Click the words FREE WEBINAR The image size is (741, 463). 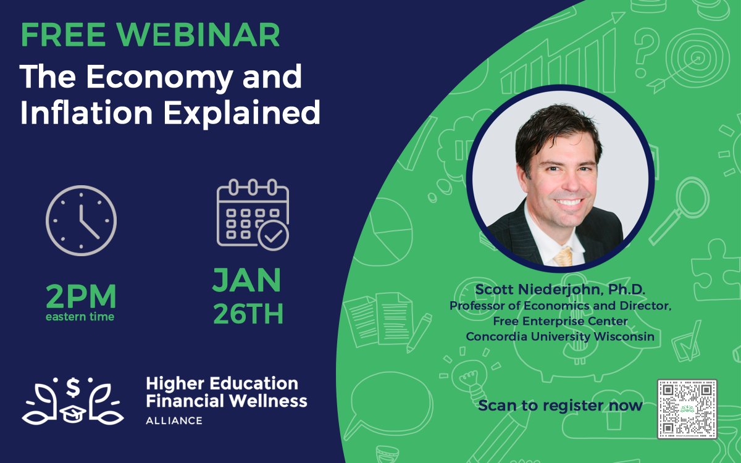click(150, 36)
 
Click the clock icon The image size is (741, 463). click(81, 220)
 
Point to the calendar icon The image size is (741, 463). click(252, 213)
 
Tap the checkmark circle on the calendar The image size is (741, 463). click(273, 235)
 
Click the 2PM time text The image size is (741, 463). click(81, 298)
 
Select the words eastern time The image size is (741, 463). click(80, 317)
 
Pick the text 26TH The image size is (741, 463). click(248, 314)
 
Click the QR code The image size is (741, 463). click(687, 409)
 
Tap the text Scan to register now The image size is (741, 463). click(560, 406)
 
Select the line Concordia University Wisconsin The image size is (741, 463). click(560, 336)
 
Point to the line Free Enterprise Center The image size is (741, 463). click(560, 321)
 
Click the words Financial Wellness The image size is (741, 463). click(226, 401)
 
